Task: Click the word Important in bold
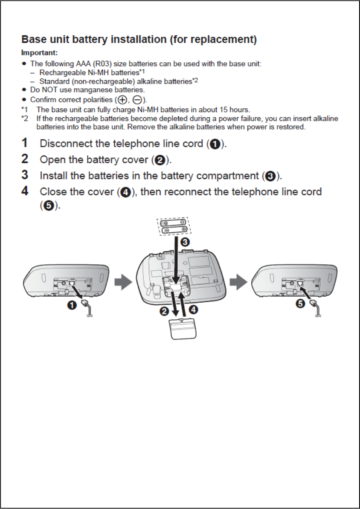point(39,53)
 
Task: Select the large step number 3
point(26,175)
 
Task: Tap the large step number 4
point(26,191)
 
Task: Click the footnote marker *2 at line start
point(25,118)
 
